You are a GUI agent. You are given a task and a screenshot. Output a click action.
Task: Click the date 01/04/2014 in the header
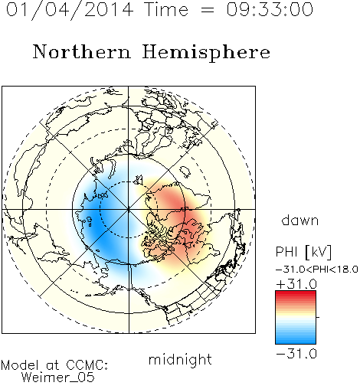pyautogui.click(x=70, y=10)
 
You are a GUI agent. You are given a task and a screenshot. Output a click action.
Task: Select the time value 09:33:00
pyautogui.click(x=270, y=9)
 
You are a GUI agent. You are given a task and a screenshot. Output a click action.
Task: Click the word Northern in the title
pyautogui.click(x=82, y=51)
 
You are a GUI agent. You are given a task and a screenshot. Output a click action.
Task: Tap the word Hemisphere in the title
pyautogui.click(x=206, y=53)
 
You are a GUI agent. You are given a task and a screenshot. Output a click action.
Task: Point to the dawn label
pyautogui.click(x=300, y=220)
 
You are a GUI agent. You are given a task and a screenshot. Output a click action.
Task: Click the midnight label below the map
pyautogui.click(x=180, y=359)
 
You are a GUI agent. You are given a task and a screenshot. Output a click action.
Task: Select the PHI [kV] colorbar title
pyautogui.click(x=303, y=252)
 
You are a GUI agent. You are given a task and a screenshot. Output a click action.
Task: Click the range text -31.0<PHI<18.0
pyautogui.click(x=317, y=270)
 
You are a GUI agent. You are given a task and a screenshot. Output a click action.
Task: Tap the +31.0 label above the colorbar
pyautogui.click(x=296, y=284)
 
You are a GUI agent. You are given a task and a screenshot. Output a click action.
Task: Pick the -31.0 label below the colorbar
pyautogui.click(x=296, y=354)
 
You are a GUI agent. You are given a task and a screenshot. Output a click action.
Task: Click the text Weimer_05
pyautogui.click(x=58, y=378)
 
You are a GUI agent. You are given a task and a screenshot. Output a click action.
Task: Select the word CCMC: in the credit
pyautogui.click(x=87, y=365)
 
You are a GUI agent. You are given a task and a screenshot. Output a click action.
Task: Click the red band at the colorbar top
pyautogui.click(x=296, y=293)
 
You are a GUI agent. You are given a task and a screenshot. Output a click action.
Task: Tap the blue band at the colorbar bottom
pyautogui.click(x=296, y=341)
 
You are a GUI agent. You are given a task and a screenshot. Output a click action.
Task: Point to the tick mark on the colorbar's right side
pyautogui.click(x=318, y=317)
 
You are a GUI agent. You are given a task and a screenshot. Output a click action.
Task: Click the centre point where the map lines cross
pyautogui.click(x=129, y=209)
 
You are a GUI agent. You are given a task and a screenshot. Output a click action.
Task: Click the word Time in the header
pyautogui.click(x=166, y=9)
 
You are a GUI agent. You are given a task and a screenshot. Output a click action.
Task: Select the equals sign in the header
pyautogui.click(x=208, y=10)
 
